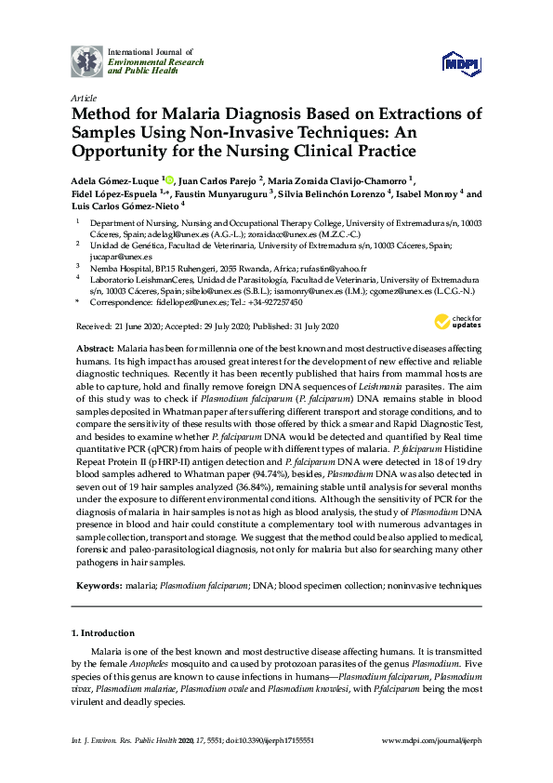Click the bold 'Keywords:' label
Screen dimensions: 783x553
97,587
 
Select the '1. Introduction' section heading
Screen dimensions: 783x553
105,633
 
